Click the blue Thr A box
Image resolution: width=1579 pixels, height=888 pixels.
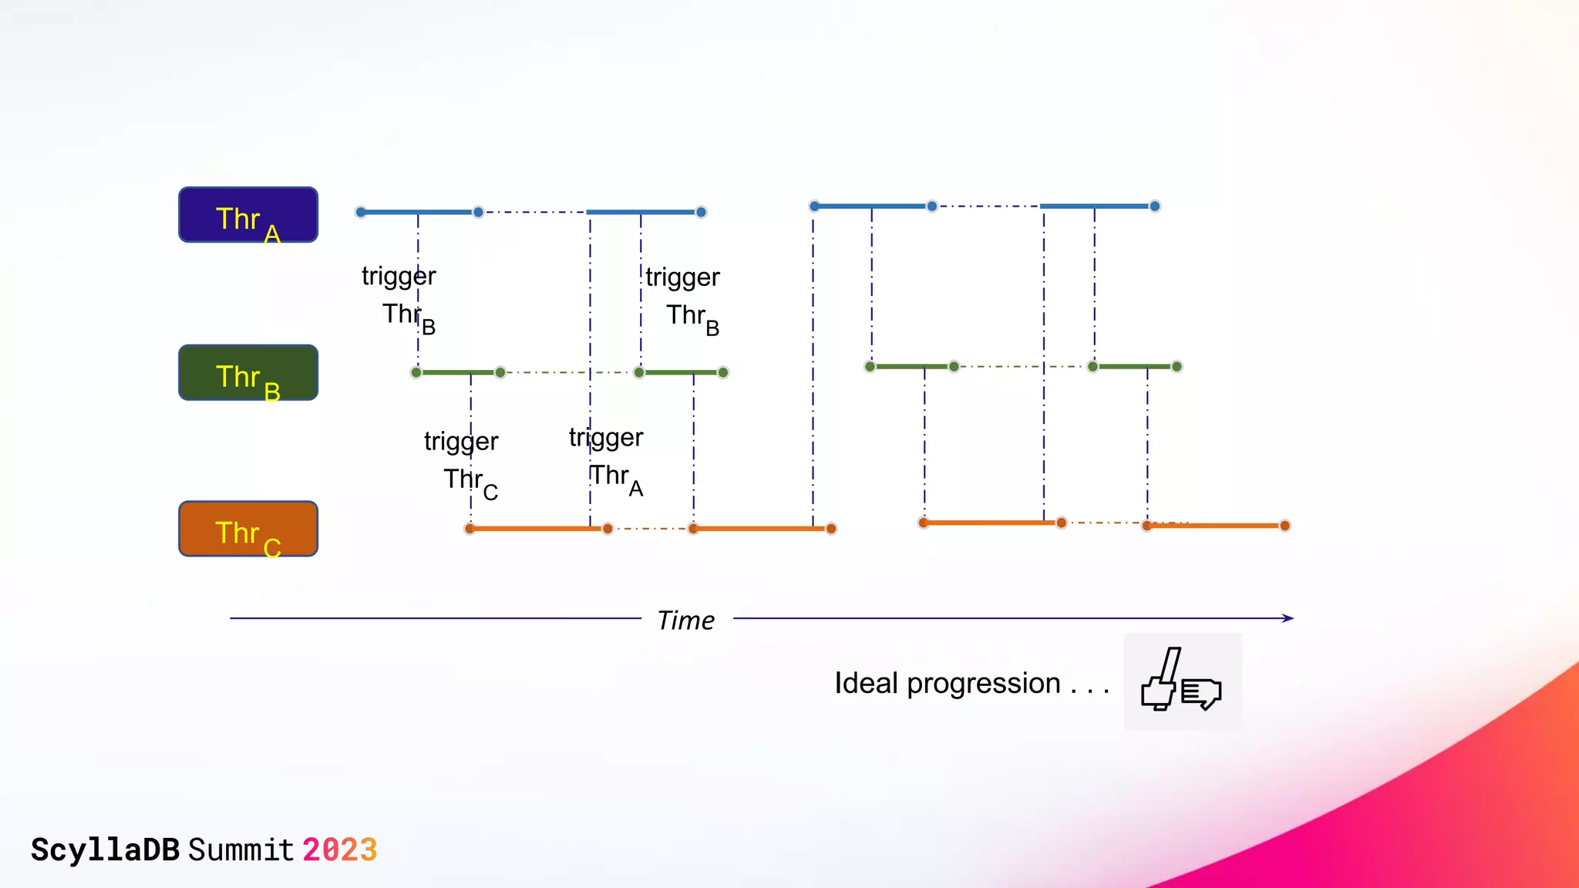tap(248, 215)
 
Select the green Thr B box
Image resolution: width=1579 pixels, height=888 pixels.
tap(248, 373)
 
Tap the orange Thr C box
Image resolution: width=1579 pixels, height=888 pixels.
tap(248, 529)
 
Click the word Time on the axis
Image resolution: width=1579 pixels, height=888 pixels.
tap(685, 621)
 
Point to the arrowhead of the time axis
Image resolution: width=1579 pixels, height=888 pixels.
tap(1288, 618)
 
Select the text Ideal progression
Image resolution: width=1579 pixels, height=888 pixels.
tap(948, 684)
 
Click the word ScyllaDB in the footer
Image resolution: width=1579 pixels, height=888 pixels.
tap(105, 850)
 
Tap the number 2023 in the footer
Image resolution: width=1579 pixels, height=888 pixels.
tap(339, 850)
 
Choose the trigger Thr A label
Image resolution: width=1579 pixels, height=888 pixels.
tap(607, 459)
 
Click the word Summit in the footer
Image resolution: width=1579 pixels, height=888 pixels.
tap(241, 850)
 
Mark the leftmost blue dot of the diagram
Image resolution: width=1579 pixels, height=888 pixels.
tap(361, 212)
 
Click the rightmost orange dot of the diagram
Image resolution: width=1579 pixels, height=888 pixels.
tap(1284, 526)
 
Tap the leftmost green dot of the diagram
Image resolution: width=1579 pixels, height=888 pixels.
tap(416, 373)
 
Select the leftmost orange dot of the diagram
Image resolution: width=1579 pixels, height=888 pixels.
tap(470, 529)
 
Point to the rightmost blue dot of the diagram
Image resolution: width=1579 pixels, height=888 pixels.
tap(1155, 207)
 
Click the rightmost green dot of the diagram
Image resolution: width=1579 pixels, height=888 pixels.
tap(1177, 367)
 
